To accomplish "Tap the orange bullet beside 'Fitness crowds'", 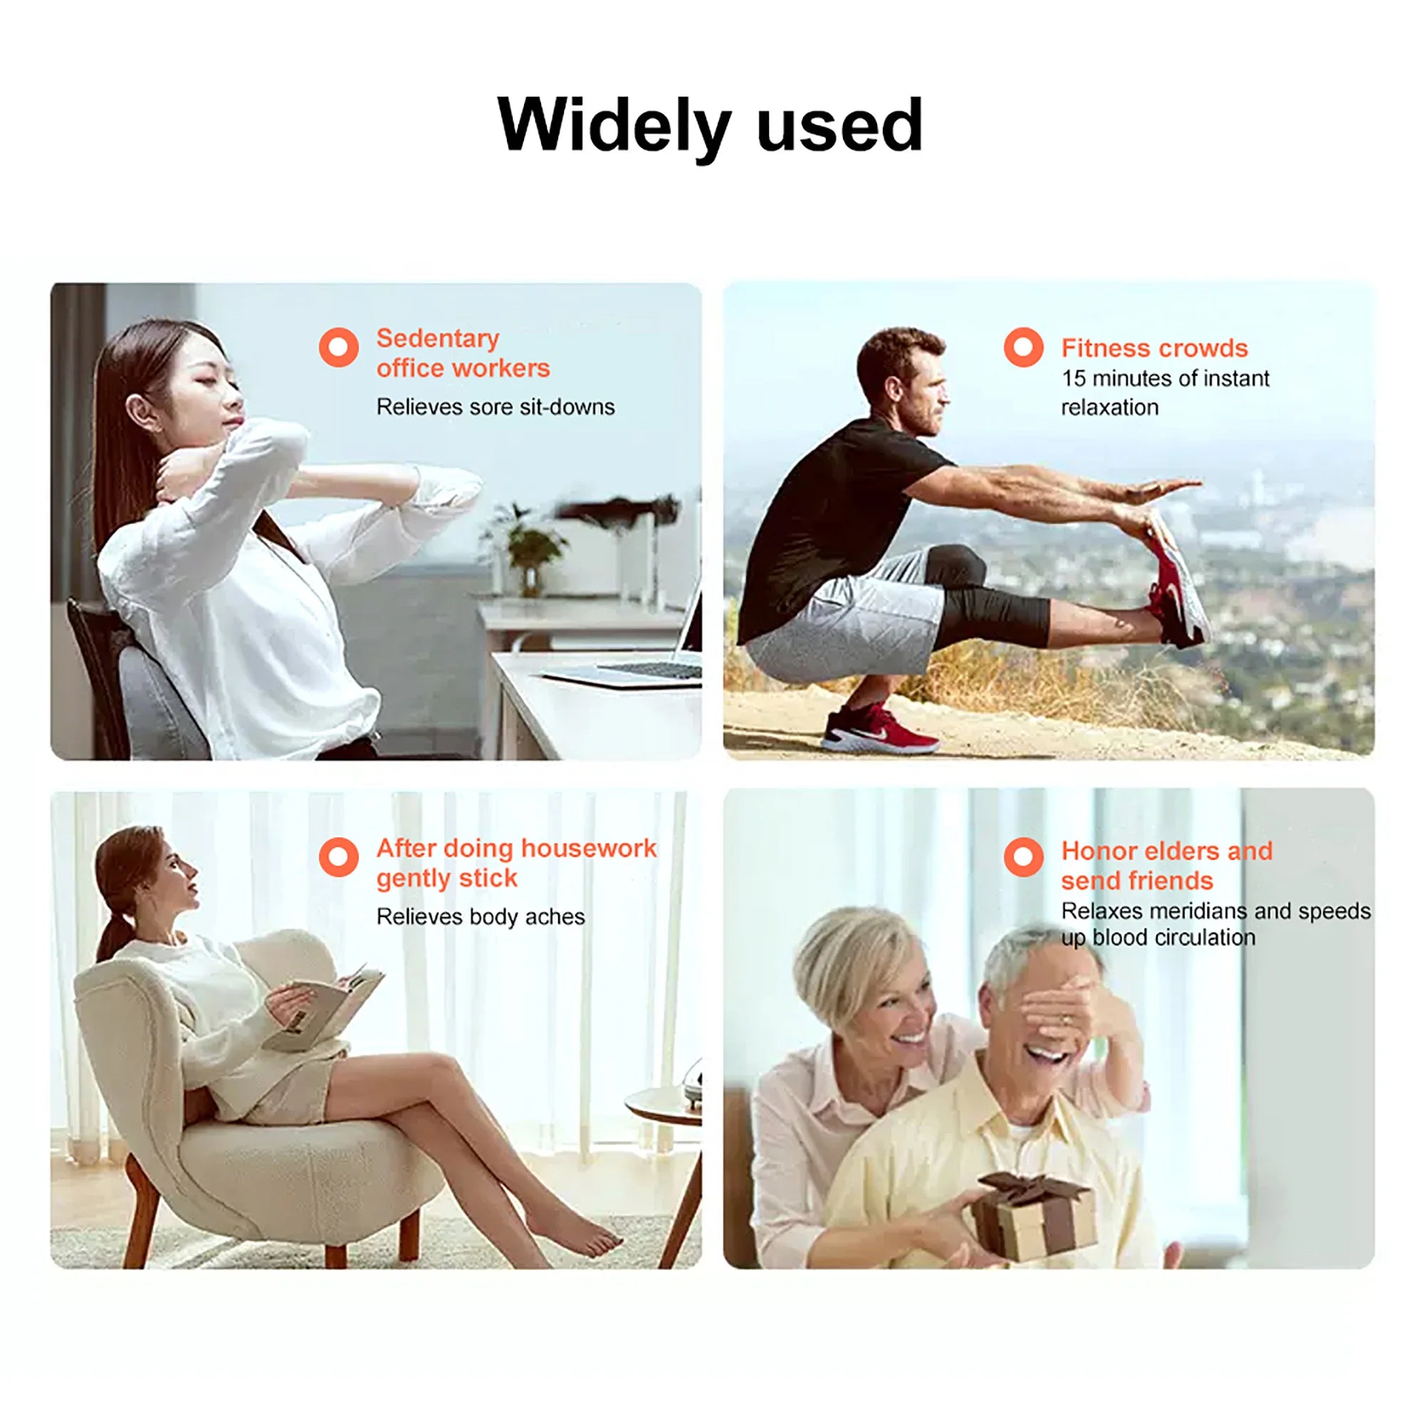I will [x=1023, y=347].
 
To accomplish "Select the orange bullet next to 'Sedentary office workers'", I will [x=338, y=347].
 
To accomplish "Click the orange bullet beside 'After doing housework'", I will [x=338, y=857].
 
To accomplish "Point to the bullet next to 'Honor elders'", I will [x=1023, y=857].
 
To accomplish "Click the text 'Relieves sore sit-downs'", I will [x=496, y=407].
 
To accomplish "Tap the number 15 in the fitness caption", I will [x=1073, y=378].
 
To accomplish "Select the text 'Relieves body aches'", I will [x=481, y=916].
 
